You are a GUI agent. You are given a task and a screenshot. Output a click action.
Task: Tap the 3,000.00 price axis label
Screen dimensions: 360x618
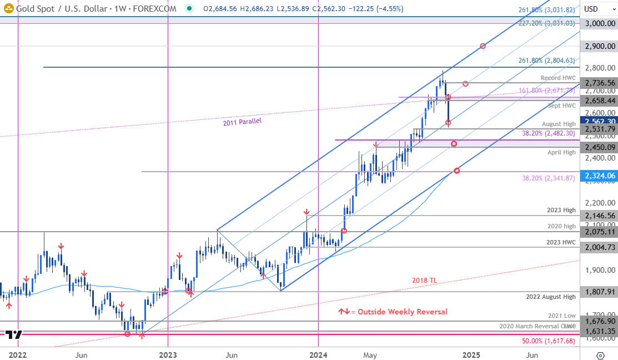pyautogui.click(x=597, y=23)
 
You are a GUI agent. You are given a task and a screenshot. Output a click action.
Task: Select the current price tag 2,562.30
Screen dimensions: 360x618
pyautogui.click(x=597, y=120)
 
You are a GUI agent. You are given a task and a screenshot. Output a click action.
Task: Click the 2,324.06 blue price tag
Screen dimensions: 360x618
pyautogui.click(x=597, y=176)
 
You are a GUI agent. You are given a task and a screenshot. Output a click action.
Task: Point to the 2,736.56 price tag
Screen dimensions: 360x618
pyautogui.click(x=597, y=82)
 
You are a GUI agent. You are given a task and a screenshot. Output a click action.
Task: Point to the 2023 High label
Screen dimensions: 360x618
pyautogui.click(x=561, y=210)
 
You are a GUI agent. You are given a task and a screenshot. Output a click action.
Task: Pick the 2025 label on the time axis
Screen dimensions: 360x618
pyautogui.click(x=471, y=354)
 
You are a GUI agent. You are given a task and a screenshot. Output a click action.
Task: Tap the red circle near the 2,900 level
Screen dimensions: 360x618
pyautogui.click(x=483, y=46)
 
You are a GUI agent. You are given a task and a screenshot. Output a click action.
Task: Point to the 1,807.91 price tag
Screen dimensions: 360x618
pyautogui.click(x=597, y=291)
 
